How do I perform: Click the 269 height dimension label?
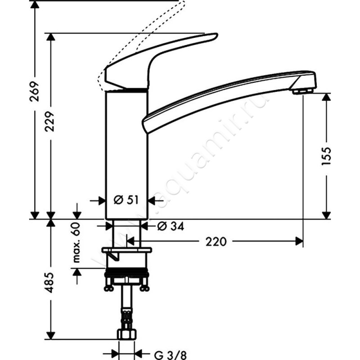tap(35, 91)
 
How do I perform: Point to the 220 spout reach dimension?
tap(216, 242)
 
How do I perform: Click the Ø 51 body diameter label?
tap(126, 200)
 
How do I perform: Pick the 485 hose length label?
tap(50, 282)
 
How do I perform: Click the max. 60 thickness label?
tap(76, 242)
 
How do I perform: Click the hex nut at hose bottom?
tap(126, 334)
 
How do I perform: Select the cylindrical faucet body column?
tap(126, 153)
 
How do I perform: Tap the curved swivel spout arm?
tap(225, 97)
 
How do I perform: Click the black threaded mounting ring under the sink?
tap(126, 273)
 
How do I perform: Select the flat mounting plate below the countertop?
tap(127, 250)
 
